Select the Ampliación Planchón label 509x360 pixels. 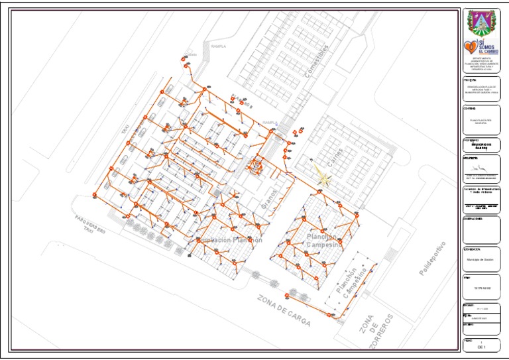[x=229, y=240]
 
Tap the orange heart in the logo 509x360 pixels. [x=470, y=46]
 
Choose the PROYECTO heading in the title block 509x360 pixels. [x=470, y=80]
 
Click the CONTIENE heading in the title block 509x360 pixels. [x=470, y=108]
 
